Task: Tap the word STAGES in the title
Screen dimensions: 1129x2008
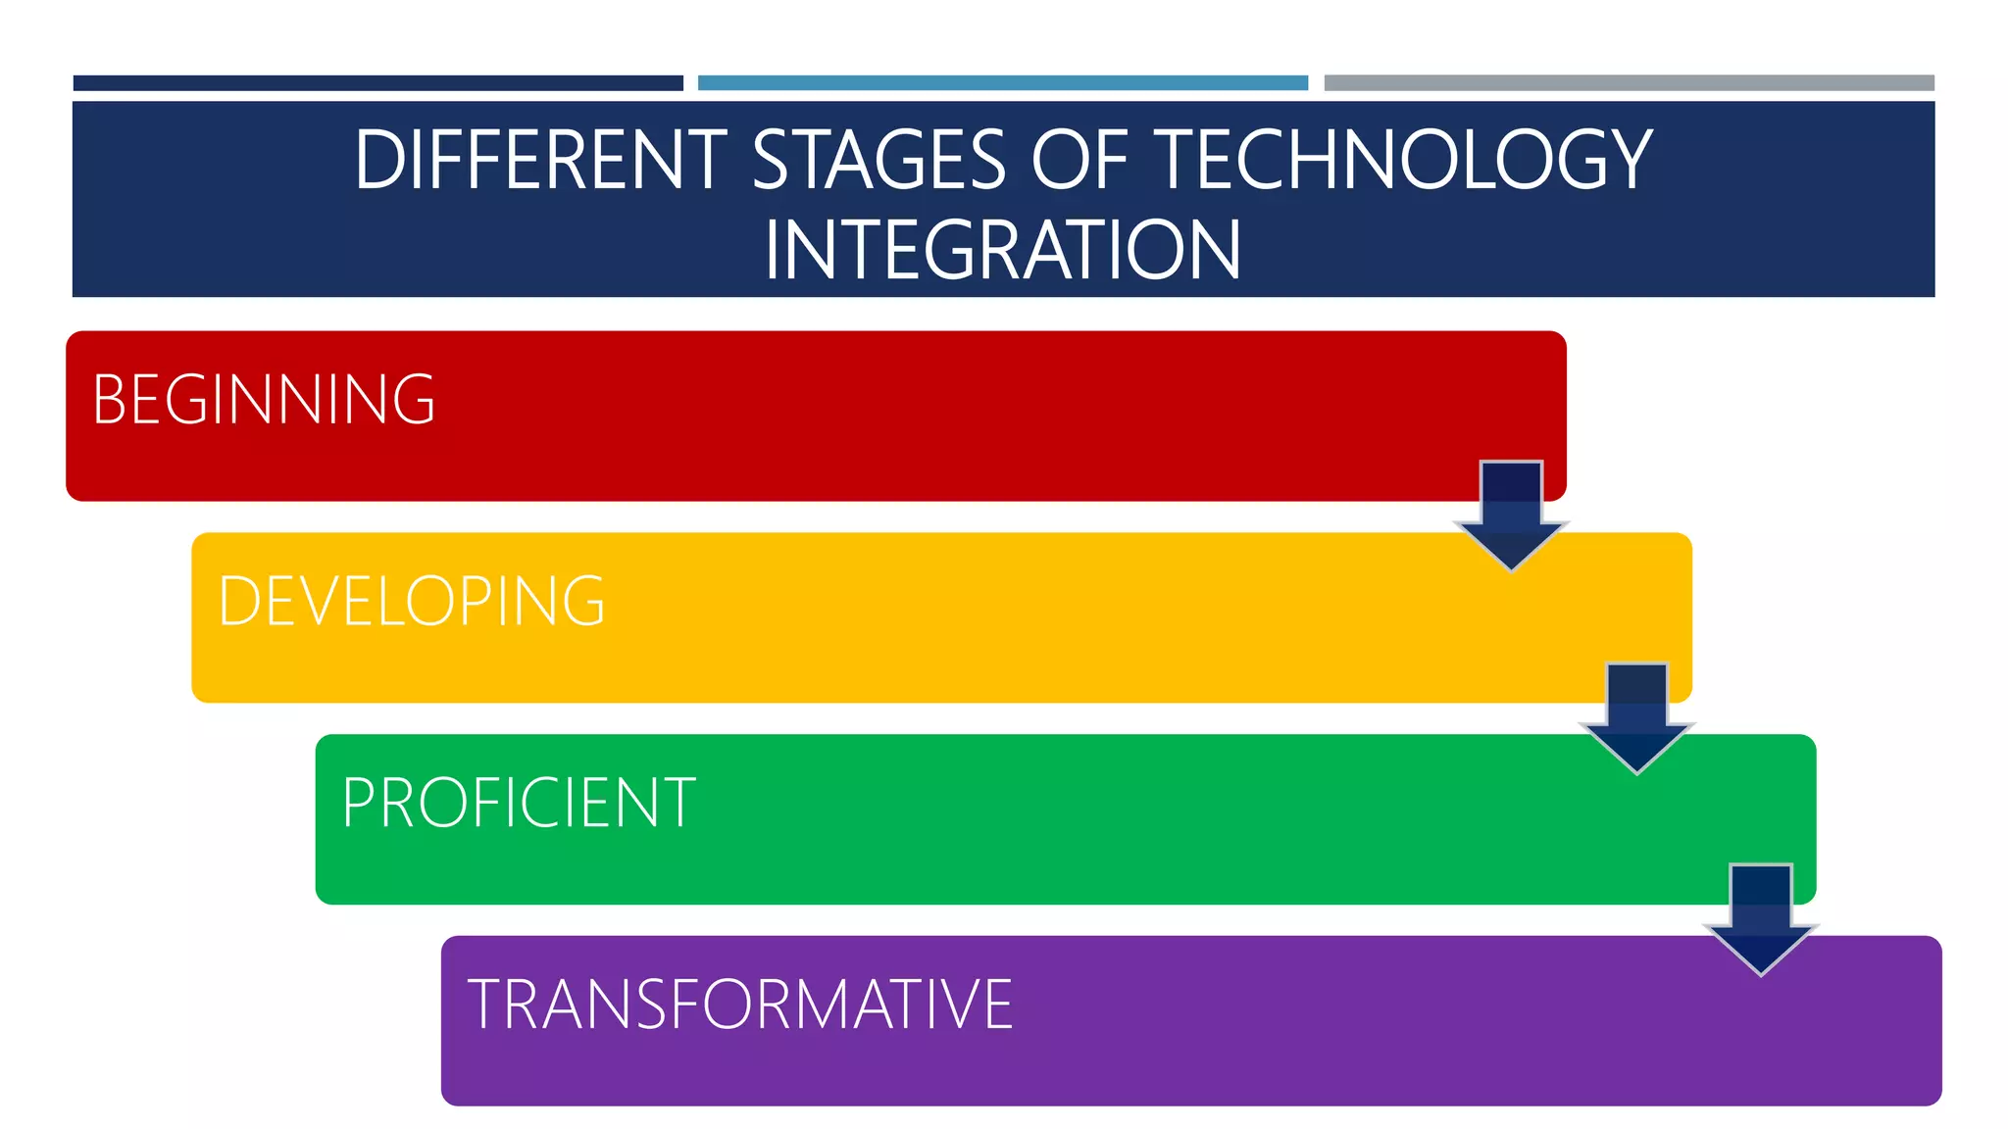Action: (x=878, y=160)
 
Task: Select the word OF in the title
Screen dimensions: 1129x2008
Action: (x=1079, y=160)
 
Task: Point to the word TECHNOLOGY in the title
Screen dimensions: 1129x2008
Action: (x=1402, y=160)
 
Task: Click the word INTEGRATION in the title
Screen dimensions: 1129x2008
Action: (x=1002, y=250)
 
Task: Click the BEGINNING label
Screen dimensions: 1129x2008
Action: (x=264, y=400)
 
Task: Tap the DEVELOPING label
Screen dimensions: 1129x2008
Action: (x=412, y=601)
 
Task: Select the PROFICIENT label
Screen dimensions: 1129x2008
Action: (x=519, y=803)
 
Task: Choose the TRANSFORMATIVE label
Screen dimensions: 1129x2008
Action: (x=740, y=1005)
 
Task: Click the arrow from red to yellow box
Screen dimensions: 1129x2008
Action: (x=1511, y=515)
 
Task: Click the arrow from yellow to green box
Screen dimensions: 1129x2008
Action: (x=1636, y=717)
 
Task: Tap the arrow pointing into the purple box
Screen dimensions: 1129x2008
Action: (x=1761, y=919)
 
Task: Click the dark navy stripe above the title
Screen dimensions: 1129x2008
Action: (x=377, y=83)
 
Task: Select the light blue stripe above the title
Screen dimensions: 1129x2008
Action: (x=1002, y=83)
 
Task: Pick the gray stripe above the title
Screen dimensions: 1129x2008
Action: (x=1629, y=83)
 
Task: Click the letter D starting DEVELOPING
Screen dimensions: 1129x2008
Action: (x=238, y=601)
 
